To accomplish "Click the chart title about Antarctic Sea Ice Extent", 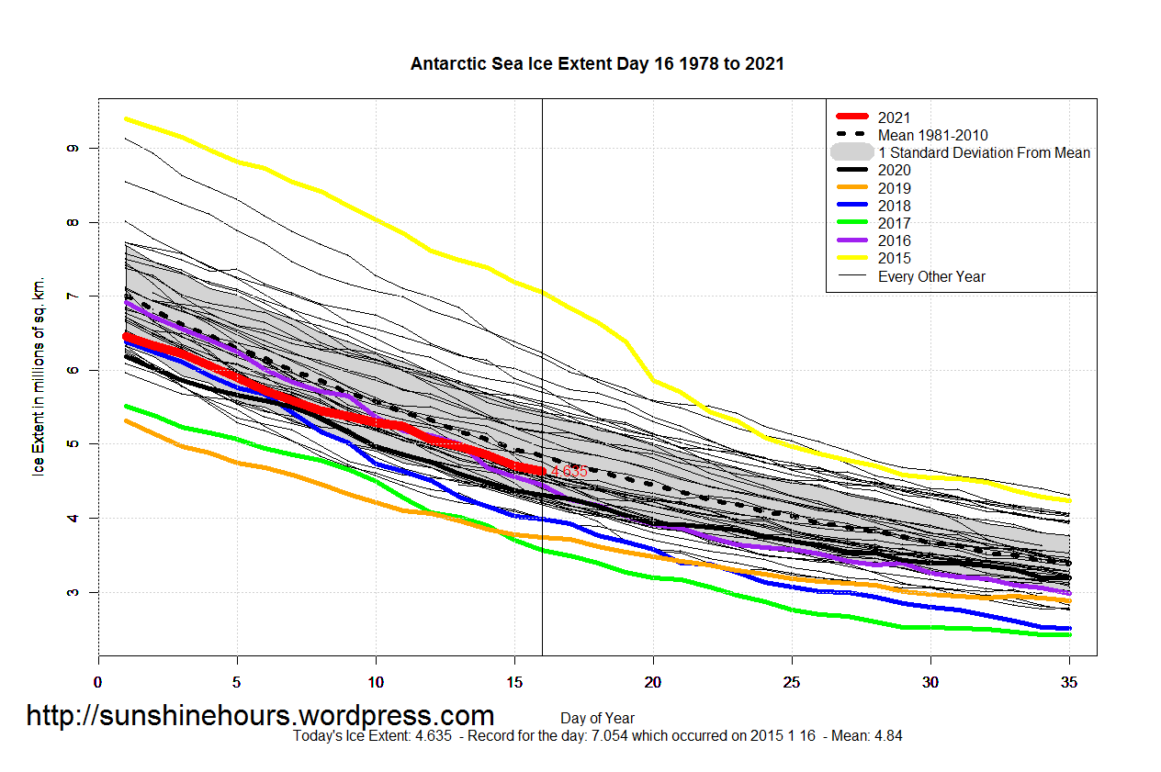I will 597,64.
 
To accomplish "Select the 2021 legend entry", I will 894,117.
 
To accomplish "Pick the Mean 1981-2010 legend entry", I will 932,135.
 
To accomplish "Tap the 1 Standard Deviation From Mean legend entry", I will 984,152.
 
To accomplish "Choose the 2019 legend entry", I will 894,188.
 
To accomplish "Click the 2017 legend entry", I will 894,223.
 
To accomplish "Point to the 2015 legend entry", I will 894,258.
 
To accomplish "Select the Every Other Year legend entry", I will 931,276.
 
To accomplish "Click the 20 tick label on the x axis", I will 653,682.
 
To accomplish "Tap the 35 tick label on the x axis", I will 1069,682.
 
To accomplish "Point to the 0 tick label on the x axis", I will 98,682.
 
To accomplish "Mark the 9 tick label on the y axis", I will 73,148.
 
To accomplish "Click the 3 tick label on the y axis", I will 73,592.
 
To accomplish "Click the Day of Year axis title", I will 597,718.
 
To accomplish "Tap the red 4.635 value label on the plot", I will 569,471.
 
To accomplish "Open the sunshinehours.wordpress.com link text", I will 260,715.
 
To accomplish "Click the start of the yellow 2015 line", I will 127,118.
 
